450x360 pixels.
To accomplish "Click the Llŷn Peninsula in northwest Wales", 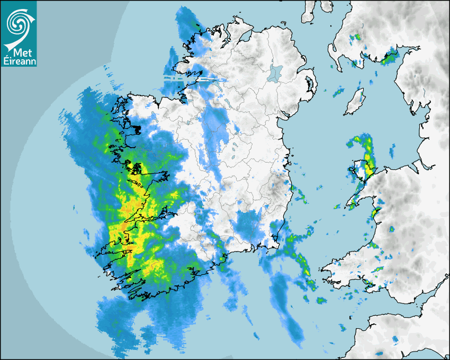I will (x=355, y=199).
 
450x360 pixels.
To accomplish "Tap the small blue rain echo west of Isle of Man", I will (x=338, y=94).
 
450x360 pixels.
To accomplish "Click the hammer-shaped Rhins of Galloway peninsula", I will (x=334, y=53).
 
